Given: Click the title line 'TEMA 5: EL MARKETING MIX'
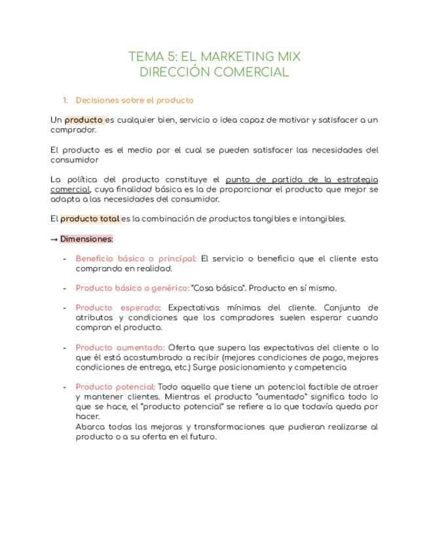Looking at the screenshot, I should [x=214, y=56].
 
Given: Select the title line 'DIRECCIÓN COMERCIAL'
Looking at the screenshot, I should [x=214, y=72].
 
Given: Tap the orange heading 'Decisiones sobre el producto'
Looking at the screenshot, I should [x=134, y=100].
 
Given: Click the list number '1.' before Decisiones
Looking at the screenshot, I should [x=65, y=100].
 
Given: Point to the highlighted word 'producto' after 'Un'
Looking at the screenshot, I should [x=84, y=120].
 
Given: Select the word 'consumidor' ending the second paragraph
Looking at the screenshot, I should [x=75, y=159].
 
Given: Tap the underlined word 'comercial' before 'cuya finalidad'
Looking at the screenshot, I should [x=69, y=189].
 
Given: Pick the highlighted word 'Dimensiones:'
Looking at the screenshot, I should [x=86, y=239].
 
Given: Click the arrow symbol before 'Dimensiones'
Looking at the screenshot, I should [x=54, y=239].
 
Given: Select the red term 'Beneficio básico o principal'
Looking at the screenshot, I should [x=136, y=259].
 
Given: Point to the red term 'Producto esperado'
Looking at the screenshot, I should [x=118, y=308].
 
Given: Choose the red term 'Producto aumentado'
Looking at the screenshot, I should [x=120, y=348].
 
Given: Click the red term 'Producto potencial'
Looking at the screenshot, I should [x=115, y=387].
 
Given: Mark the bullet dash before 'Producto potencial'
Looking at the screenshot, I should [x=64, y=387].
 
